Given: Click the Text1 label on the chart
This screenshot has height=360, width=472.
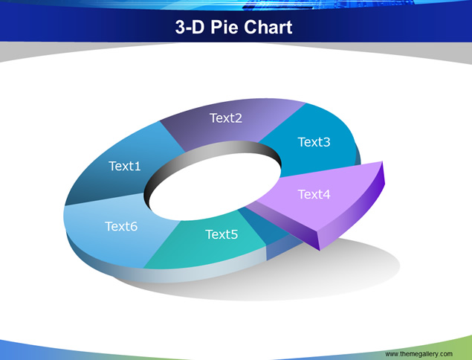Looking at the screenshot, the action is click(125, 166).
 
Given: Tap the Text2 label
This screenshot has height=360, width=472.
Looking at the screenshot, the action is click(226, 118).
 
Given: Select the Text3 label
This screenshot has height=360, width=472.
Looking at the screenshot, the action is click(314, 142).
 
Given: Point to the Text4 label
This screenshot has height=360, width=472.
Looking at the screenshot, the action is click(314, 194).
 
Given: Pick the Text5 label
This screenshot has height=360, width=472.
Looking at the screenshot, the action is click(222, 234).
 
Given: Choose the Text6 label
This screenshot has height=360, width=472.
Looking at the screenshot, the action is click(121, 226).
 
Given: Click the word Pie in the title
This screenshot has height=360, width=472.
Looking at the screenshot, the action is click(225, 27).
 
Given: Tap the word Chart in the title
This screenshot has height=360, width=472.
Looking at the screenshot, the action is click(268, 27).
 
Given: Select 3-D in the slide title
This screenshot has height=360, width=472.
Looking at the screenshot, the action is click(190, 27).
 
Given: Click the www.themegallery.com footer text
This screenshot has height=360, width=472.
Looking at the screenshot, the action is click(418, 353).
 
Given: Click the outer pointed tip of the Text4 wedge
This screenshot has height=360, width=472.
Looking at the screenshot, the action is click(382, 161).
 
